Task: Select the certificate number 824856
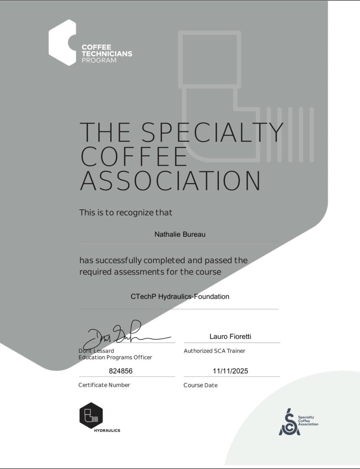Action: click(x=121, y=371)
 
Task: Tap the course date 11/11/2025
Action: click(x=230, y=371)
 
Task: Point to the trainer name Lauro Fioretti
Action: click(x=230, y=337)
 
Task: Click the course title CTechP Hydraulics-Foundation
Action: click(x=180, y=296)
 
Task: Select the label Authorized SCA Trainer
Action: click(x=214, y=351)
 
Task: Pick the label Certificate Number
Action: click(x=104, y=385)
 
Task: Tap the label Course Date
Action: click(x=200, y=386)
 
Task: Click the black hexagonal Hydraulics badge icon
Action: click(x=91, y=415)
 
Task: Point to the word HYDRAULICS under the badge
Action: click(x=107, y=431)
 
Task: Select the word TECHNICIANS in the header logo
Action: click(x=107, y=54)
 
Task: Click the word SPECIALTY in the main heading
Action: click(x=213, y=132)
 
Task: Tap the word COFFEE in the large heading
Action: click(x=134, y=157)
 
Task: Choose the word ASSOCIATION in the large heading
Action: click(x=170, y=181)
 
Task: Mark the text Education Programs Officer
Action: click(x=115, y=357)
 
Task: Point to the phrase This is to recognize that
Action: click(x=126, y=213)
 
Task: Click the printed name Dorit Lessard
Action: click(x=96, y=351)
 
